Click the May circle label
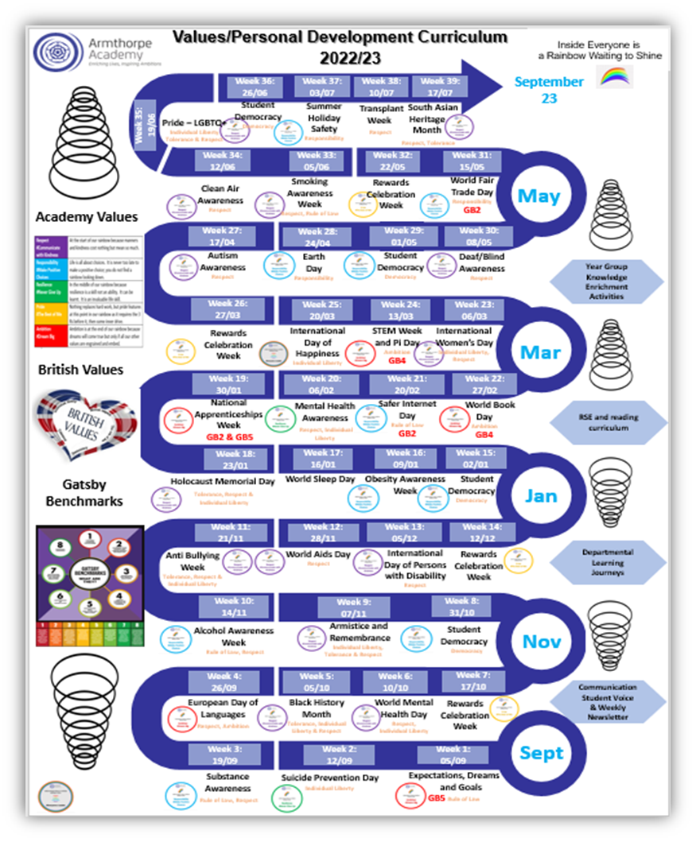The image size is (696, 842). coord(539,196)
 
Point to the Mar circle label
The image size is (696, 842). coord(540,352)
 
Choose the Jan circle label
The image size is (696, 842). coord(541,496)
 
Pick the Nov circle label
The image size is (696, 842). coord(542,642)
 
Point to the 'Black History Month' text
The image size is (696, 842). coord(317,708)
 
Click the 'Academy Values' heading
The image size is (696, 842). coord(86,217)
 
